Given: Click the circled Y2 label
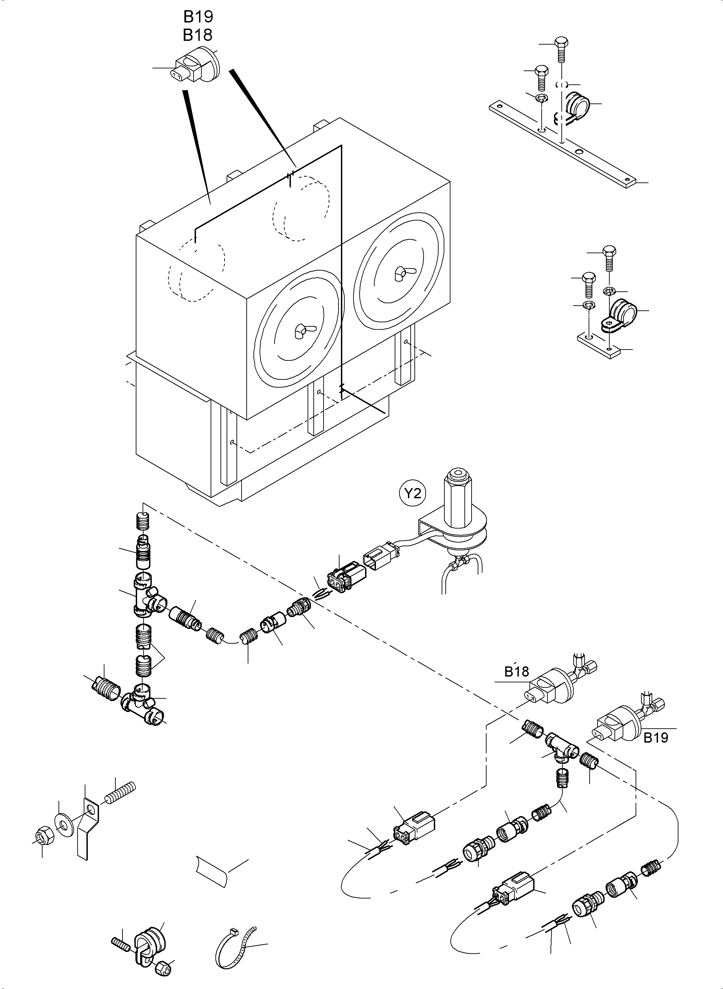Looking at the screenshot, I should pyautogui.click(x=413, y=493).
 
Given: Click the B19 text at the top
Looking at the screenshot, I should pyautogui.click(x=198, y=17).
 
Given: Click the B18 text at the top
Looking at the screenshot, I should pyautogui.click(x=198, y=35).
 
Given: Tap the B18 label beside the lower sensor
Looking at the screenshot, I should pyautogui.click(x=516, y=671).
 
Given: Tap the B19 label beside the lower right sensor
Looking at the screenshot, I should pyautogui.click(x=656, y=738).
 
